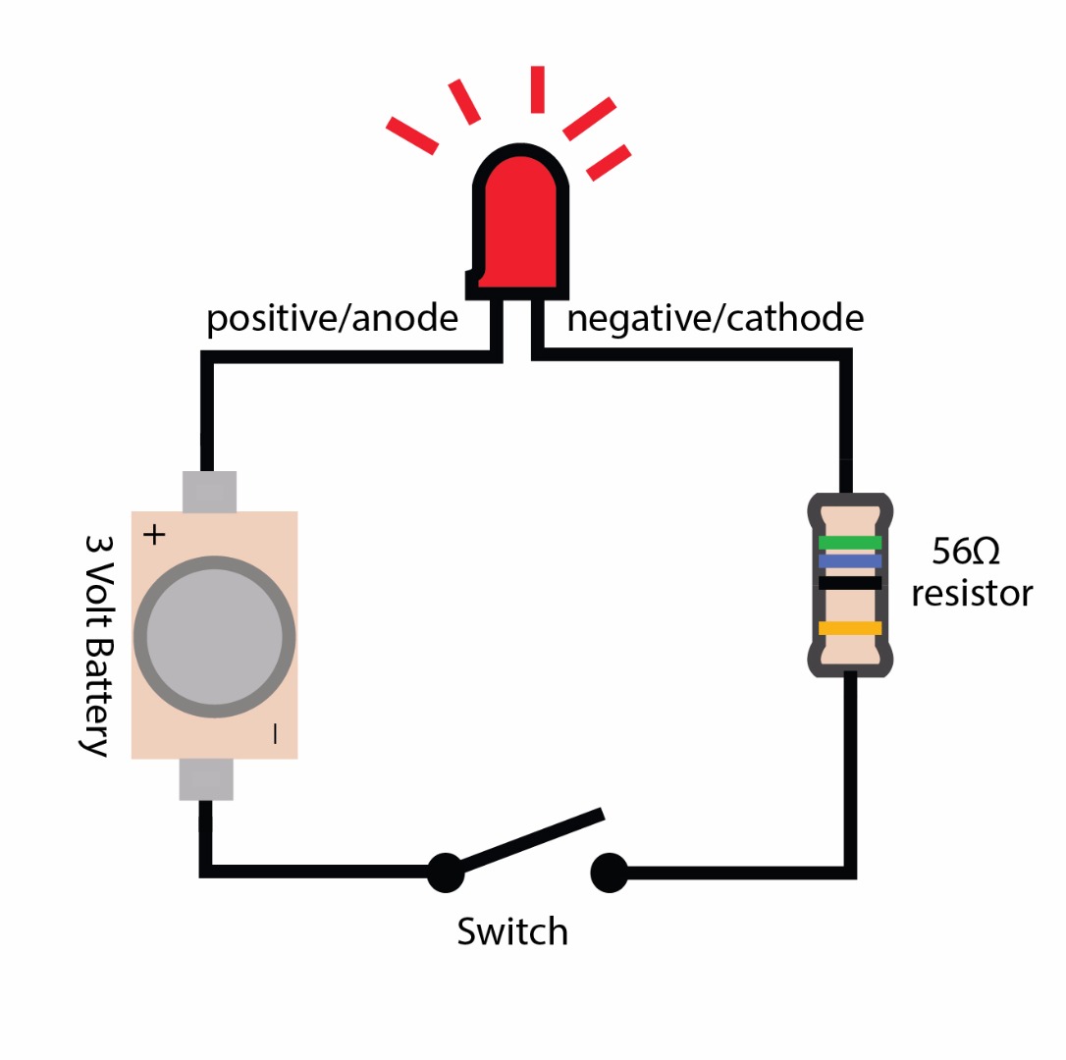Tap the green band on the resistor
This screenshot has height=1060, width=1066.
click(850, 542)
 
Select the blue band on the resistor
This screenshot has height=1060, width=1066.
click(850, 561)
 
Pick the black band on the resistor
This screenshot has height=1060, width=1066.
click(850, 583)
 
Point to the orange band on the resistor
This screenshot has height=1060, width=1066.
click(850, 628)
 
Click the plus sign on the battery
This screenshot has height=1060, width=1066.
click(154, 535)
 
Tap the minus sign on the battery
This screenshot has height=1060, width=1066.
click(275, 733)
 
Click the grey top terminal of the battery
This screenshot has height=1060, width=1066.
click(209, 492)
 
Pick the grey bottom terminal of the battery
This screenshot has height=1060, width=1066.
click(206, 779)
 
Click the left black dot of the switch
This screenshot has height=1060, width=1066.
click(445, 872)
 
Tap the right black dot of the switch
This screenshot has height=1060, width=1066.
click(609, 872)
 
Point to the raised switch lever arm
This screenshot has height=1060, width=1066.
click(530, 839)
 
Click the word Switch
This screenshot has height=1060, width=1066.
click(512, 930)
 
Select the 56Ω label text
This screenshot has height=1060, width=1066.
click(965, 553)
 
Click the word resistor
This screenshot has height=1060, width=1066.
click(972, 594)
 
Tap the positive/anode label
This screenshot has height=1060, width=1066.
click(332, 319)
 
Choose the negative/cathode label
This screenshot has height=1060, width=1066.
click(716, 319)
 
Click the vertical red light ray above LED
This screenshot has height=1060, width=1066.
click(537, 89)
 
